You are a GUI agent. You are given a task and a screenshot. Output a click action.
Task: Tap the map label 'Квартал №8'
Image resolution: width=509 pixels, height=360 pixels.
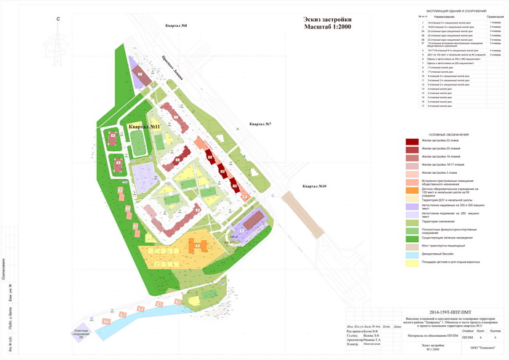pos(177,26)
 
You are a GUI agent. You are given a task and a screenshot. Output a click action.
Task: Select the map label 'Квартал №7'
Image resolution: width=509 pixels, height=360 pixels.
pos(260,124)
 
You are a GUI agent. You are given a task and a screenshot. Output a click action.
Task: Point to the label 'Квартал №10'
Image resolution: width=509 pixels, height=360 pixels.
pos(312,186)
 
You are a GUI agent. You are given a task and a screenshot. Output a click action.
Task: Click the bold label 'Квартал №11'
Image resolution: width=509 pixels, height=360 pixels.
pos(144,127)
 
